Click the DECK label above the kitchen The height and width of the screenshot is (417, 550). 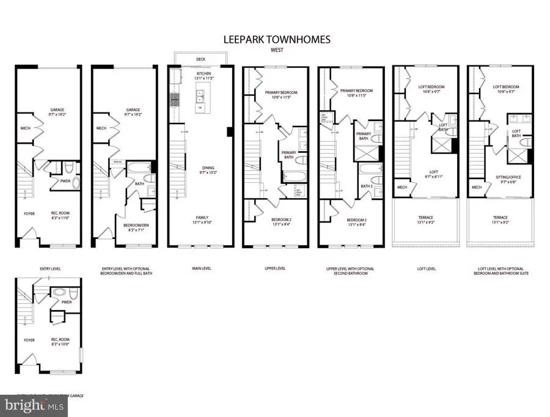[200, 59]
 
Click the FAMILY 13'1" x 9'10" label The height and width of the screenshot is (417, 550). [200, 220]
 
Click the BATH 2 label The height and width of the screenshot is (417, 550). [366, 186]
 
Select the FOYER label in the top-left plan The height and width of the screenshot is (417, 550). [28, 213]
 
